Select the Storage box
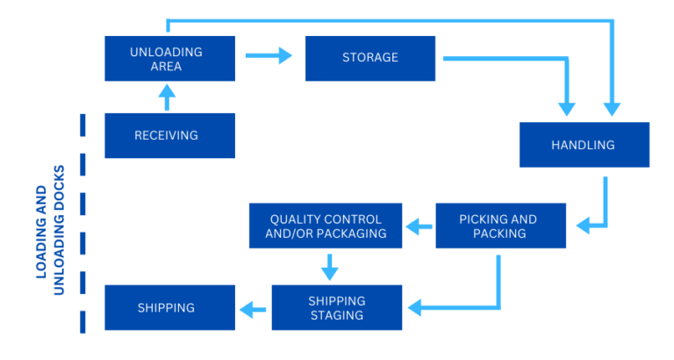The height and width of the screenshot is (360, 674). click(369, 59)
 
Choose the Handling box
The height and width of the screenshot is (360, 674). click(584, 145)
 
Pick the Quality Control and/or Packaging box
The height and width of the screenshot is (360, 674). click(326, 227)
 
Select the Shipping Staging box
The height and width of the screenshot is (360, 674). click(336, 307)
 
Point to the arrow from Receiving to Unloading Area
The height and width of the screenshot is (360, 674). click(167, 97)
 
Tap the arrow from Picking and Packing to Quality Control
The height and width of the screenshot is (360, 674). click(419, 227)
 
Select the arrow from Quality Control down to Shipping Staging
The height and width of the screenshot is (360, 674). click(329, 265)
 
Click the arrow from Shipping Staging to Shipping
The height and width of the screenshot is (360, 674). click(253, 308)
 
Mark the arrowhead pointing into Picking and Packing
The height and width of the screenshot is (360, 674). click(583, 226)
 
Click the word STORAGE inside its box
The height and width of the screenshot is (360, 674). click(369, 58)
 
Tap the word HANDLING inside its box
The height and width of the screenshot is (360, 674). click(583, 145)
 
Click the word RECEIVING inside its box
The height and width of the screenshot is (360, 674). click(166, 135)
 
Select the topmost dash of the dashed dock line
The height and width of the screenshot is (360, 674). click(83, 126)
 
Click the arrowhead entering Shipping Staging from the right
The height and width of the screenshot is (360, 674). click(415, 307)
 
